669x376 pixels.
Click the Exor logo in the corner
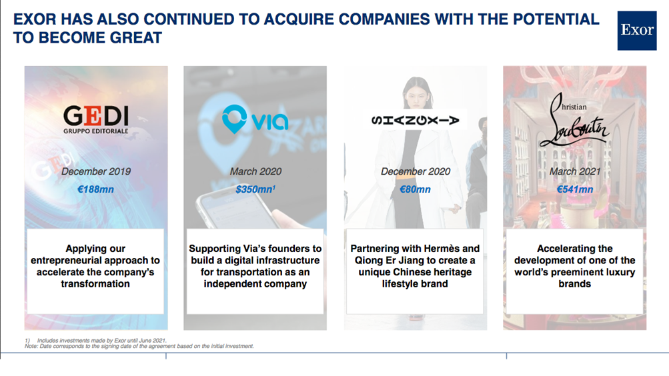click(x=636, y=30)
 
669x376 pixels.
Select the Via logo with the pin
click(x=255, y=119)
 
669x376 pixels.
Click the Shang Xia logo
click(x=415, y=120)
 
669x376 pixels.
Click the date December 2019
click(x=96, y=171)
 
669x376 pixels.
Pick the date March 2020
click(x=255, y=171)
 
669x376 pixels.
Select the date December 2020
click(x=416, y=171)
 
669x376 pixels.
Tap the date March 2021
click(x=575, y=171)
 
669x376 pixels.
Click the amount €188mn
click(x=95, y=189)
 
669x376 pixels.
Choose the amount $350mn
click(x=255, y=189)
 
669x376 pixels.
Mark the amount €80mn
click(x=415, y=189)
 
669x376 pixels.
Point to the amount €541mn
click(x=575, y=189)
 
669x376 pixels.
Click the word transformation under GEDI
click(x=95, y=284)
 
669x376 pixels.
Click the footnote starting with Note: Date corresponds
click(x=139, y=346)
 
